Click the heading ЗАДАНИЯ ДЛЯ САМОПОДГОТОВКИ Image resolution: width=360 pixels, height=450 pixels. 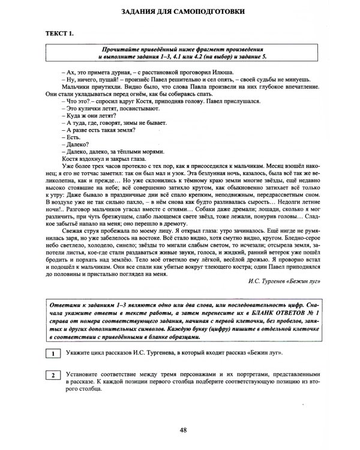[x=179, y=11]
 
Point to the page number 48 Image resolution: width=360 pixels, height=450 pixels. [x=179, y=430]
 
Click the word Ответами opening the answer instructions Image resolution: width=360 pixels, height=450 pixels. [x=68, y=305]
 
